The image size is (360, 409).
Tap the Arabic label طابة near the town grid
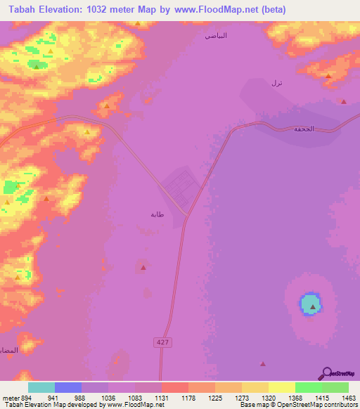point(157,214)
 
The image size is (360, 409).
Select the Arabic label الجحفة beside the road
point(304,129)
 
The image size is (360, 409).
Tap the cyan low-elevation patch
point(311,304)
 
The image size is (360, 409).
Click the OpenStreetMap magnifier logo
point(326,374)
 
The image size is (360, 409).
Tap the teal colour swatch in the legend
point(41,387)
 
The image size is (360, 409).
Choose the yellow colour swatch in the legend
point(281,387)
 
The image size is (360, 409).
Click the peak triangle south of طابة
point(143,267)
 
